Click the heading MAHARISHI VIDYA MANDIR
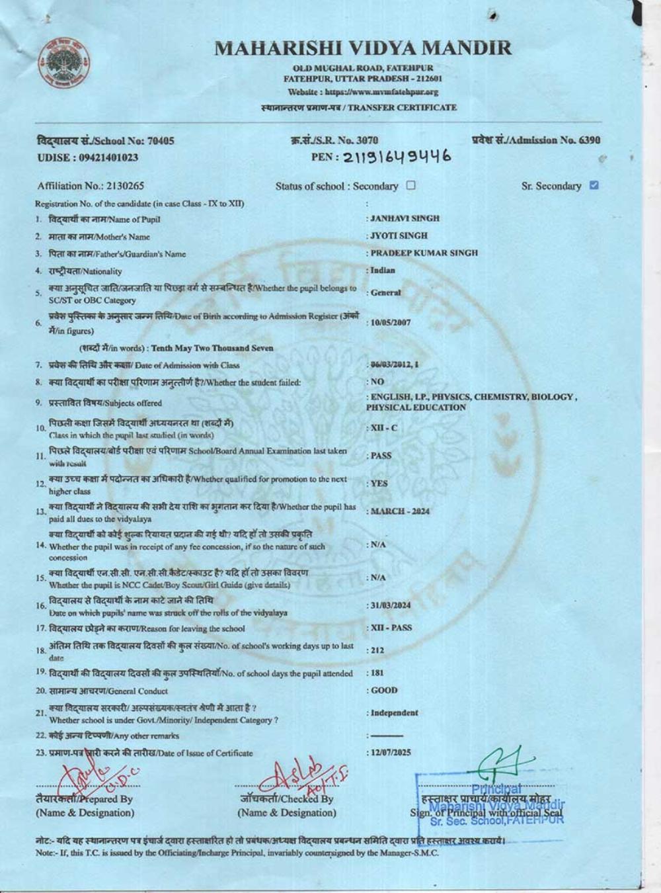pos(363,48)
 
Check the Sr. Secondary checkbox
pos(594,185)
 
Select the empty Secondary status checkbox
pos(410,185)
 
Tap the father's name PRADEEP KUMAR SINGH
pos(424,253)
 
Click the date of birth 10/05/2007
pos(391,323)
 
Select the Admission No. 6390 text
pos(536,140)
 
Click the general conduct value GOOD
pos(384,691)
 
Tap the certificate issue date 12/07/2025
pos(391,753)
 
